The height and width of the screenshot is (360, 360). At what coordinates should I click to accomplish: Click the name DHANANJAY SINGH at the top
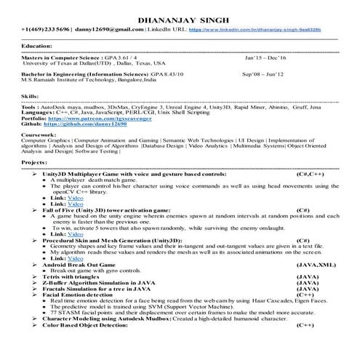[180, 18]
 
